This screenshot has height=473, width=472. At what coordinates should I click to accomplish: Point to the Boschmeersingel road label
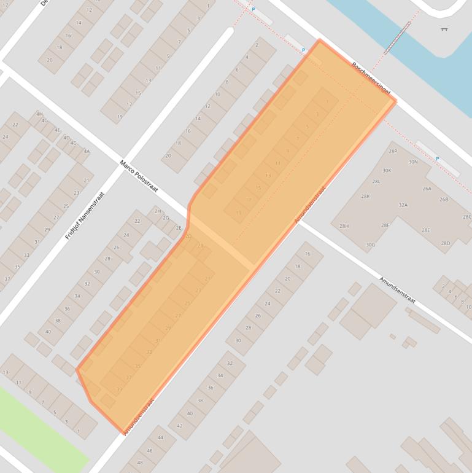371,78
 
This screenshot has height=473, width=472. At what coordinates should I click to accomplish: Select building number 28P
393,150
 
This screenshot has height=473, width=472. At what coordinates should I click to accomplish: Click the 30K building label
387,171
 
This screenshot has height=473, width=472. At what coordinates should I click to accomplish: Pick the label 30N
413,162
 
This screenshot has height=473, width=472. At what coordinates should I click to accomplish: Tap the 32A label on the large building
403,205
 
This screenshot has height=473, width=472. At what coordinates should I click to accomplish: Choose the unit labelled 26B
444,200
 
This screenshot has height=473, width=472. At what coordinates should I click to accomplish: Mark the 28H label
344,226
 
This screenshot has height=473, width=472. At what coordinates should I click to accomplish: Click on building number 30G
370,245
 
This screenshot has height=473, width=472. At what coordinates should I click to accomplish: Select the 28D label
446,243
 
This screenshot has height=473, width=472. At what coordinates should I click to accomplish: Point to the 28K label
365,196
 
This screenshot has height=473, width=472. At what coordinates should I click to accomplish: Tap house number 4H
39,114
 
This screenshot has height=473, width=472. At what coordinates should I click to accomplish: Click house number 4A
87,151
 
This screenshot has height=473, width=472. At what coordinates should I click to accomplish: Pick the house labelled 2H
158,211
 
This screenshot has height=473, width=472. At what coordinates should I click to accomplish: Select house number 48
140,463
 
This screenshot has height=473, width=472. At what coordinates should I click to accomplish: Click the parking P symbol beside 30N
437,159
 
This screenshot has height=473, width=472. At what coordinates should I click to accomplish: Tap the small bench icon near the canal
444,29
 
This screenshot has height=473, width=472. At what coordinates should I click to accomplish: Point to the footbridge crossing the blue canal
398,37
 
